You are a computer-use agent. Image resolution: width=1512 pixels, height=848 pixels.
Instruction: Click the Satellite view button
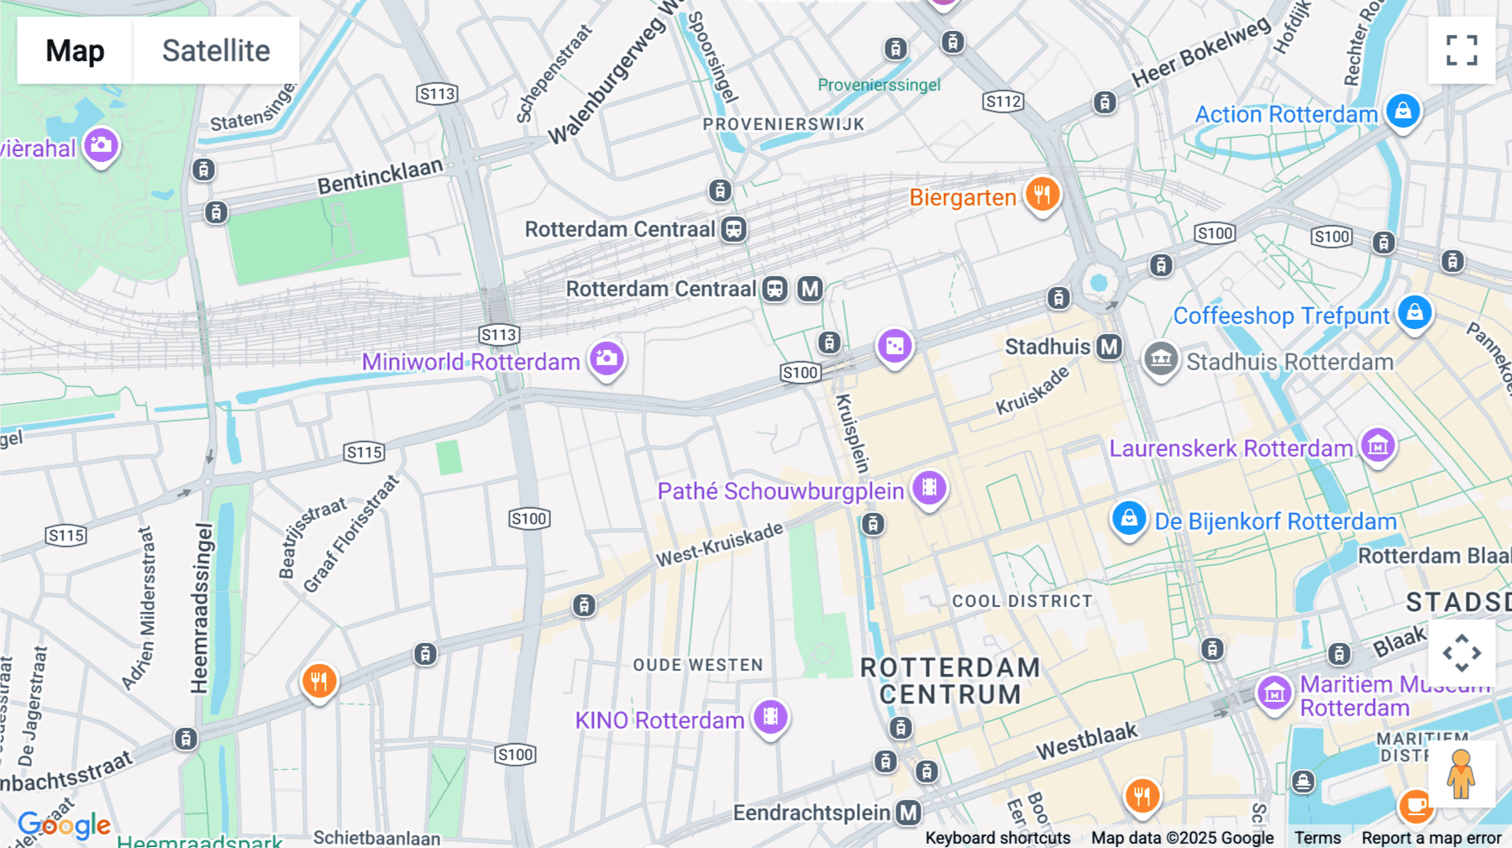click(x=216, y=50)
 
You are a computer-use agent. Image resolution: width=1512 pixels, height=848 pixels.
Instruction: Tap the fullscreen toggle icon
click(x=1462, y=50)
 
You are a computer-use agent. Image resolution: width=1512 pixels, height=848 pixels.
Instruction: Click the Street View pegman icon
click(x=1461, y=774)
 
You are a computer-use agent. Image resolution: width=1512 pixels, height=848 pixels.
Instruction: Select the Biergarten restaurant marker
click(x=1042, y=195)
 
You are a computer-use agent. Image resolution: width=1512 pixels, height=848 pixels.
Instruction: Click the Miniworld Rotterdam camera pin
click(x=606, y=359)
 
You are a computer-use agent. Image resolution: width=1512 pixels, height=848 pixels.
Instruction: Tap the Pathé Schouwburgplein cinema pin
click(x=929, y=488)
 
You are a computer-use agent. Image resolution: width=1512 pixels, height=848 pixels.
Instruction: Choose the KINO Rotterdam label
click(x=659, y=720)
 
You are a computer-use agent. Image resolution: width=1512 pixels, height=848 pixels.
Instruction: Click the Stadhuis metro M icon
click(x=1110, y=346)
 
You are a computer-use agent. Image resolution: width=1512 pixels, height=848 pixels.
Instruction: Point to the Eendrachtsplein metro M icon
click(x=908, y=812)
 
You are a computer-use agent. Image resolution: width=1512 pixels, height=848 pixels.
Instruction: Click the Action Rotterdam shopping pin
click(x=1402, y=112)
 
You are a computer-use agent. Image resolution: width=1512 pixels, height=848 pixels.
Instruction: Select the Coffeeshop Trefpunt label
click(x=1281, y=316)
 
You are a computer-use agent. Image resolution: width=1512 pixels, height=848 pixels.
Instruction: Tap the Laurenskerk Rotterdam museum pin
click(x=1378, y=446)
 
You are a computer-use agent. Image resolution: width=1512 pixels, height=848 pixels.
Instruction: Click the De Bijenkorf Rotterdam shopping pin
click(x=1129, y=519)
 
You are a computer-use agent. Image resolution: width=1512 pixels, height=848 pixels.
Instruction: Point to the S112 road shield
click(x=1003, y=102)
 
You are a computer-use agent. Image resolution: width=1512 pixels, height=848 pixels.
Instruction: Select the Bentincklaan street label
click(x=380, y=175)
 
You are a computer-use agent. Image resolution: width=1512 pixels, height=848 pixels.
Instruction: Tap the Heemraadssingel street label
click(x=200, y=609)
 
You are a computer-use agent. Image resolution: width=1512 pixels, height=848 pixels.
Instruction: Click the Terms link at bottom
click(x=1317, y=837)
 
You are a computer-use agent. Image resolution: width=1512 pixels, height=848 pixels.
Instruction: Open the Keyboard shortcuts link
click(x=997, y=837)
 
